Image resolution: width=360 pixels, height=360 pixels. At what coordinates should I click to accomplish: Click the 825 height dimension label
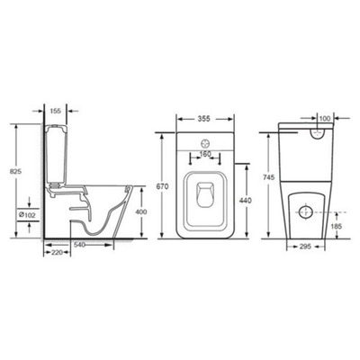16,172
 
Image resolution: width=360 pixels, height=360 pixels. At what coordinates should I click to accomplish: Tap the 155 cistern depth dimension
55,111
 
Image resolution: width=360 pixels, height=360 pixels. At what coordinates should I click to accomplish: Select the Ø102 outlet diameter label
27,215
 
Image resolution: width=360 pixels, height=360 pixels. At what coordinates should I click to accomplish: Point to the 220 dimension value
57,253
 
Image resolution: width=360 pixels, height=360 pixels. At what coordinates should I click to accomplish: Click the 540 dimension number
80,245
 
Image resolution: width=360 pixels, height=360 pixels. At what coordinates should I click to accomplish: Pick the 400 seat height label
141,212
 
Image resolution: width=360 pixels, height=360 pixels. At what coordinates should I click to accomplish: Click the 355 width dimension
205,119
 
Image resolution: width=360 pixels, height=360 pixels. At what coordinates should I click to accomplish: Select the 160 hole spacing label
205,154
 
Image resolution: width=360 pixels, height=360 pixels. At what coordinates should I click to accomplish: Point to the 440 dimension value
246,201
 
